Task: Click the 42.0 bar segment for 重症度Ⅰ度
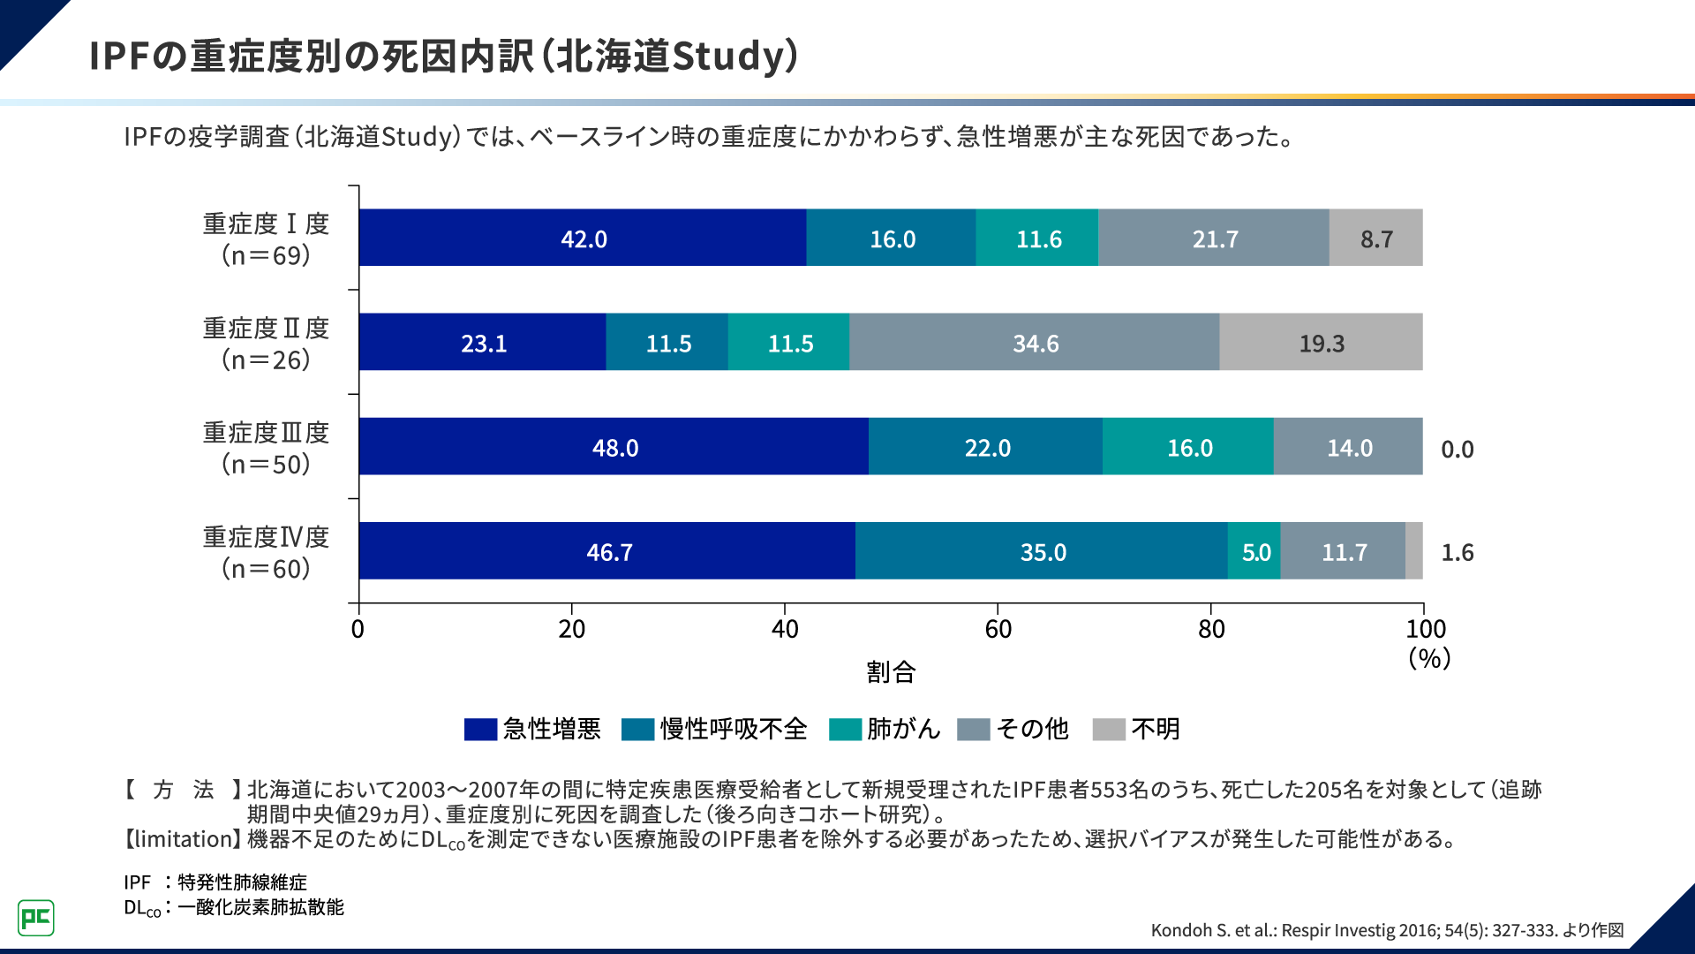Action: (583, 238)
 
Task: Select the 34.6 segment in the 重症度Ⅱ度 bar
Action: (1035, 343)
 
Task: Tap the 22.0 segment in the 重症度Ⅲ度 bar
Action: (986, 447)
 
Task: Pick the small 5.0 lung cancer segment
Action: (1254, 551)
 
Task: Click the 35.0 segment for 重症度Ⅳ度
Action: (1042, 551)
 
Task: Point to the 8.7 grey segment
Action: (1375, 238)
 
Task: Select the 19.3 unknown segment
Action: (1321, 343)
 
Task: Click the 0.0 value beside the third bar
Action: (1457, 449)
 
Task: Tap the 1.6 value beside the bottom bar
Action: (1457, 552)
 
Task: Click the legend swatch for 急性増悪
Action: (480, 729)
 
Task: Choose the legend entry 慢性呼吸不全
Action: (733, 729)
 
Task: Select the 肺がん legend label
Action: (902, 729)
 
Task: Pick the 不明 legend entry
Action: (1155, 729)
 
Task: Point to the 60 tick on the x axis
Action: (998, 629)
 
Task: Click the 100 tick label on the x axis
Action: (1425, 629)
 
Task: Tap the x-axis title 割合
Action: (890, 672)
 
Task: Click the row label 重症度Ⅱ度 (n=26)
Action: (266, 344)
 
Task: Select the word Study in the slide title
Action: (727, 56)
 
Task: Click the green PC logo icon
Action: (36, 918)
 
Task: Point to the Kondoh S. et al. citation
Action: (1386, 929)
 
